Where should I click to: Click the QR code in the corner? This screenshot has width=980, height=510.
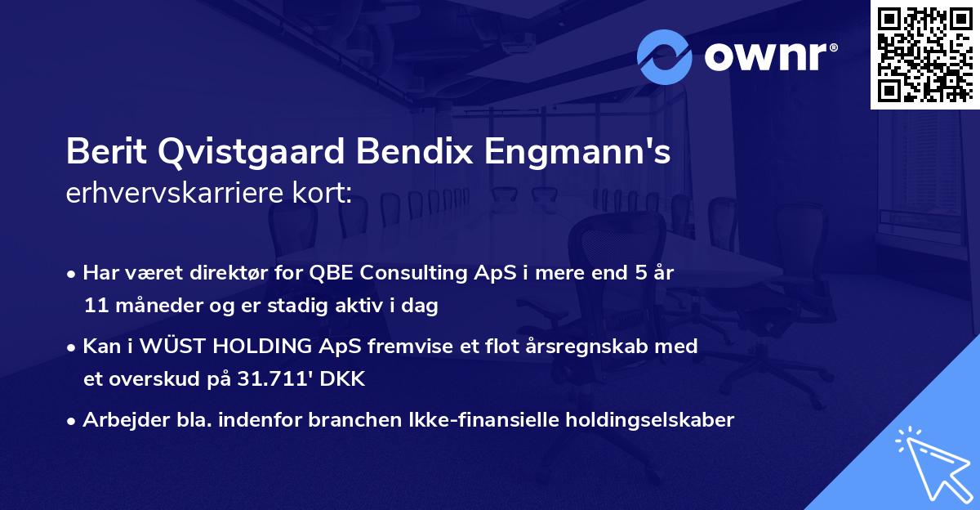point(924,54)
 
